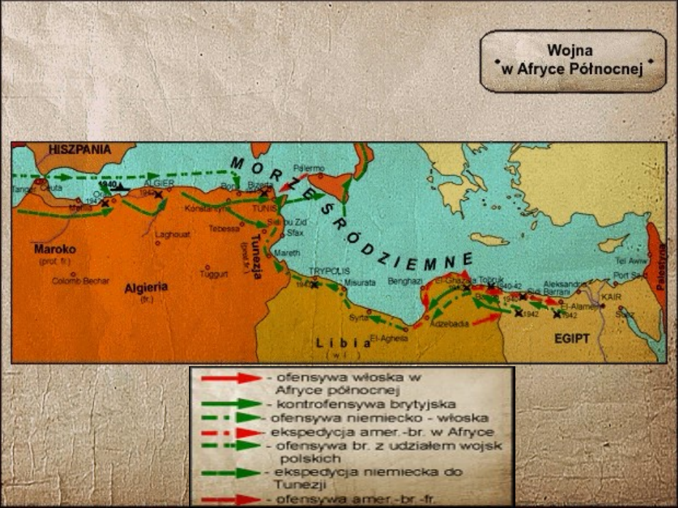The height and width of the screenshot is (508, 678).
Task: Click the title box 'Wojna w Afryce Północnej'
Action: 573,61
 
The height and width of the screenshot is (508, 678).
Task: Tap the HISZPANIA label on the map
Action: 79,150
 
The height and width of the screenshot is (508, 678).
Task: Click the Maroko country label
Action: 55,249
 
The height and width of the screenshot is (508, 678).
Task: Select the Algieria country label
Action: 146,288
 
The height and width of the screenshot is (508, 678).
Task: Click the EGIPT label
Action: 571,339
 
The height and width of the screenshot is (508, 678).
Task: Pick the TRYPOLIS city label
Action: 328,272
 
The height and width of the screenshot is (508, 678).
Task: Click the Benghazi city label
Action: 405,282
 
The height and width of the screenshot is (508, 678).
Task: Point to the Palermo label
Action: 309,168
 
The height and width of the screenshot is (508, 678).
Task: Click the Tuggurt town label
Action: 213,274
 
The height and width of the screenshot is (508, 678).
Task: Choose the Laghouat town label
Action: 171,235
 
